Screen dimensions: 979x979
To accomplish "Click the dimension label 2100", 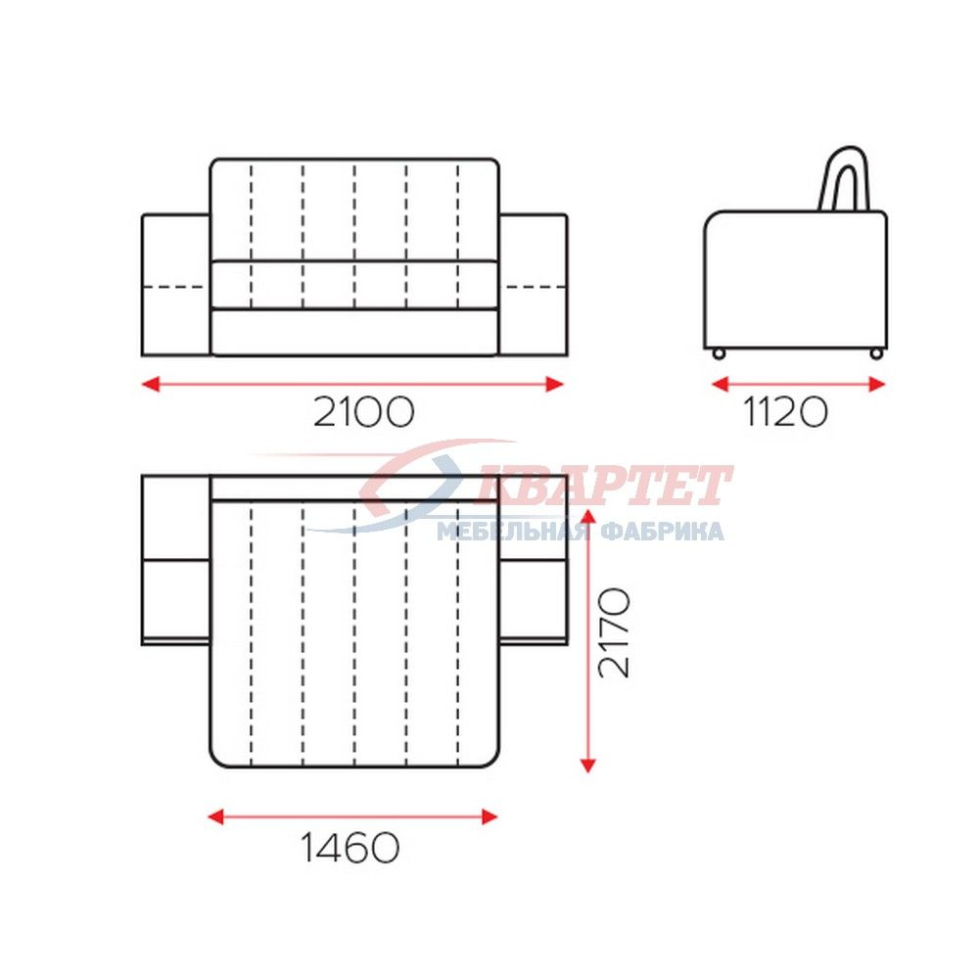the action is tap(363, 411).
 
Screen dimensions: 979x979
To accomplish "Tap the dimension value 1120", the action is tap(785, 412).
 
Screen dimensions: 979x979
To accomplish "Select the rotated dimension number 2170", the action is tap(614, 631).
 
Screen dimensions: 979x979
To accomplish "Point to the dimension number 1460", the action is tap(350, 847).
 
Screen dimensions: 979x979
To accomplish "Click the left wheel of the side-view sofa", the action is tap(719, 354).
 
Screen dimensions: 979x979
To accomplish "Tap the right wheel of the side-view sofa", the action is tap(876, 354).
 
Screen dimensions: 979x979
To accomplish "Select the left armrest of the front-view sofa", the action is tap(176, 285).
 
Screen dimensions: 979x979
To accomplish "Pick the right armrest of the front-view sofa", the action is tap(534, 285).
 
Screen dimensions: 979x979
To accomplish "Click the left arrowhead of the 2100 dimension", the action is tap(151, 384).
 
